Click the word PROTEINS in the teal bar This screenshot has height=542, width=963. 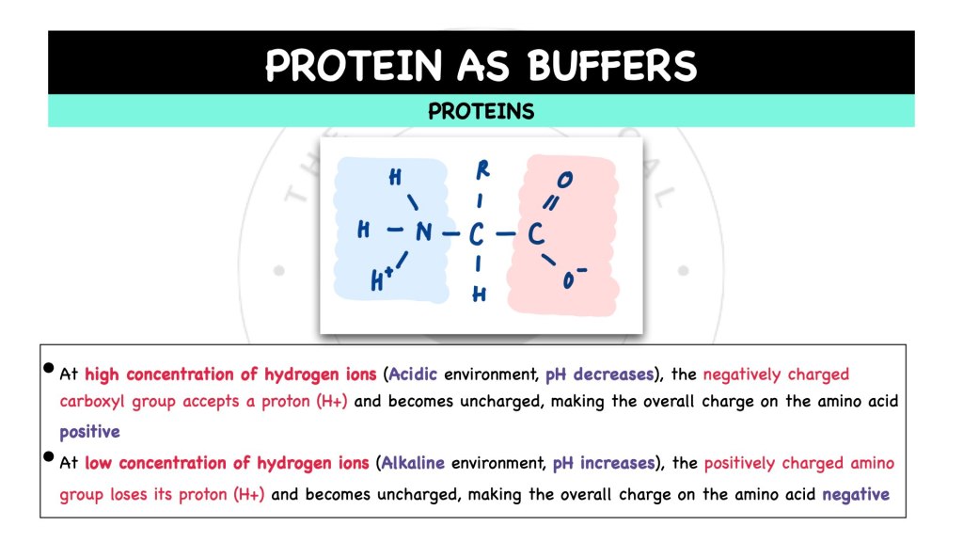(x=481, y=111)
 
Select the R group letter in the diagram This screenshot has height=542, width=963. (x=483, y=170)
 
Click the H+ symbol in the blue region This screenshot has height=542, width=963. (x=381, y=278)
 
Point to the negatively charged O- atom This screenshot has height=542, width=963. (x=574, y=279)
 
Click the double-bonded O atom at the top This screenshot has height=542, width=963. (x=565, y=178)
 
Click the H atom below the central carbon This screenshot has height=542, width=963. (x=479, y=295)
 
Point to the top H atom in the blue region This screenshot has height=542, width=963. (x=395, y=176)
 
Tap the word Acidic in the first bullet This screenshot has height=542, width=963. (x=414, y=375)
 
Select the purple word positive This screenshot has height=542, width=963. (x=89, y=433)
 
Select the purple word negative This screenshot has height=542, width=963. (x=855, y=494)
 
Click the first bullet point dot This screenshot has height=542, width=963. (x=48, y=370)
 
